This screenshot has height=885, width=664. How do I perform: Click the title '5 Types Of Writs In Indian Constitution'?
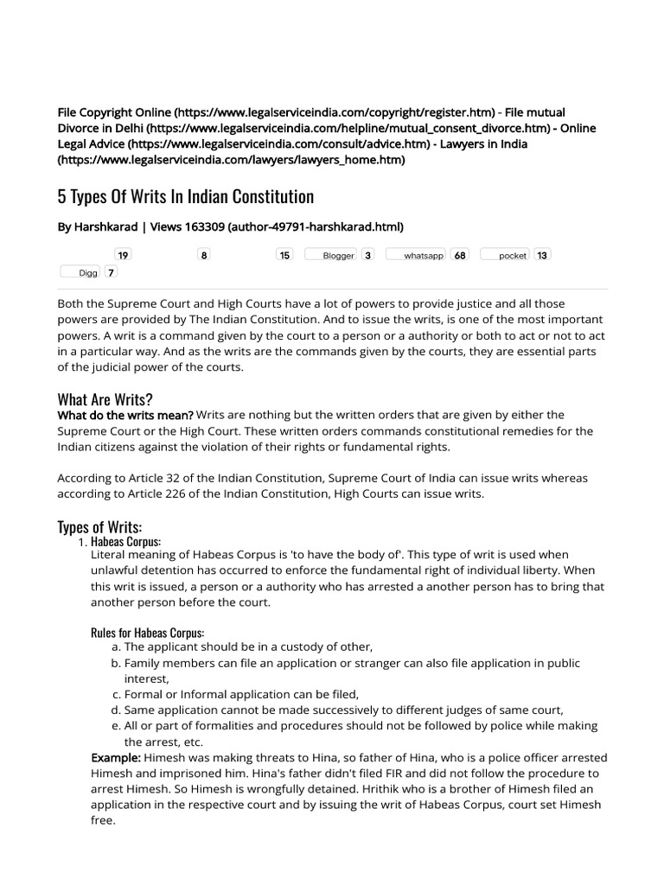click(x=185, y=197)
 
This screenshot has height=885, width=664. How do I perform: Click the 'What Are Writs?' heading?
click(x=105, y=399)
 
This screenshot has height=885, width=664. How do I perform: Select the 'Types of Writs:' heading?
click(x=99, y=527)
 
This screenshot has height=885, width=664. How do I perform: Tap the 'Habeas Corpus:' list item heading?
click(x=125, y=542)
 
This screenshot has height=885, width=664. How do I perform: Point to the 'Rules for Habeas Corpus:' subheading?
click(x=147, y=633)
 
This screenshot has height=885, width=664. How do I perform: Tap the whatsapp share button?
click(x=415, y=256)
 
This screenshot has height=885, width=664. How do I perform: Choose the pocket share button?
click(x=504, y=256)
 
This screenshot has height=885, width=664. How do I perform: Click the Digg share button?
click(x=80, y=272)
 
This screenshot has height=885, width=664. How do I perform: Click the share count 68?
click(x=460, y=256)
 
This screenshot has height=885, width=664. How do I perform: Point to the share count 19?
click(x=123, y=256)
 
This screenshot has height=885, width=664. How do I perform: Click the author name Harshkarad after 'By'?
click(x=108, y=227)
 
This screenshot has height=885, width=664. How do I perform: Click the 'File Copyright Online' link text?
click(x=115, y=113)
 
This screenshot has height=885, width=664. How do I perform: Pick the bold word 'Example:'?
click(x=116, y=758)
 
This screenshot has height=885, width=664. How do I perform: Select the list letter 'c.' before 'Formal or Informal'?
click(x=117, y=694)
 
